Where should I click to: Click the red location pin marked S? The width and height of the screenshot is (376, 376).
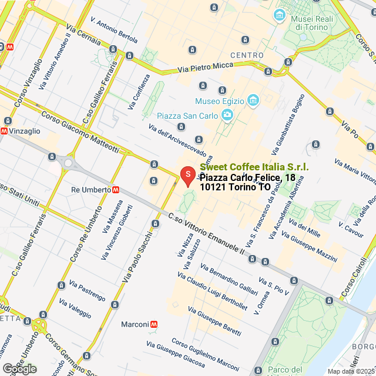[187, 175]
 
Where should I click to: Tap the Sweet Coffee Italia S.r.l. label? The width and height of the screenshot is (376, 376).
[254, 168]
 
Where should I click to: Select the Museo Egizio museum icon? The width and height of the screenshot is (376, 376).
[253, 101]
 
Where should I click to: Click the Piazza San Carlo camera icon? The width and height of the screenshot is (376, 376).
[227, 114]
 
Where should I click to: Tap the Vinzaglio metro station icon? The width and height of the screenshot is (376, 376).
[4, 131]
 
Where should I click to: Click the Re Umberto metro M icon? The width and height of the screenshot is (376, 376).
[117, 190]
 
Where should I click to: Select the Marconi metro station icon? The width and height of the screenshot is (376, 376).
[154, 324]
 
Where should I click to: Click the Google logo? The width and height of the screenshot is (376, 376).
[19, 369]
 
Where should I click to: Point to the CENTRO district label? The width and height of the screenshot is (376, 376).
[247, 55]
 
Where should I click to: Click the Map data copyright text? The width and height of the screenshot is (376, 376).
[351, 371]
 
